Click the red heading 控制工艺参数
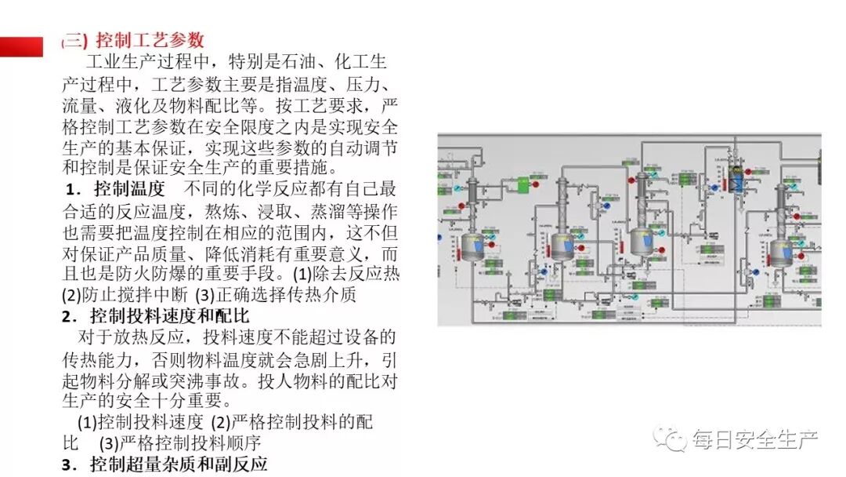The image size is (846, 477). [x=149, y=40]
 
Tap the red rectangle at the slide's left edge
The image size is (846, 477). [x=21, y=47]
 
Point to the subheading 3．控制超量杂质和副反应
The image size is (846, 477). [x=164, y=464]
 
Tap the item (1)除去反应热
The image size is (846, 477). [x=345, y=275]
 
